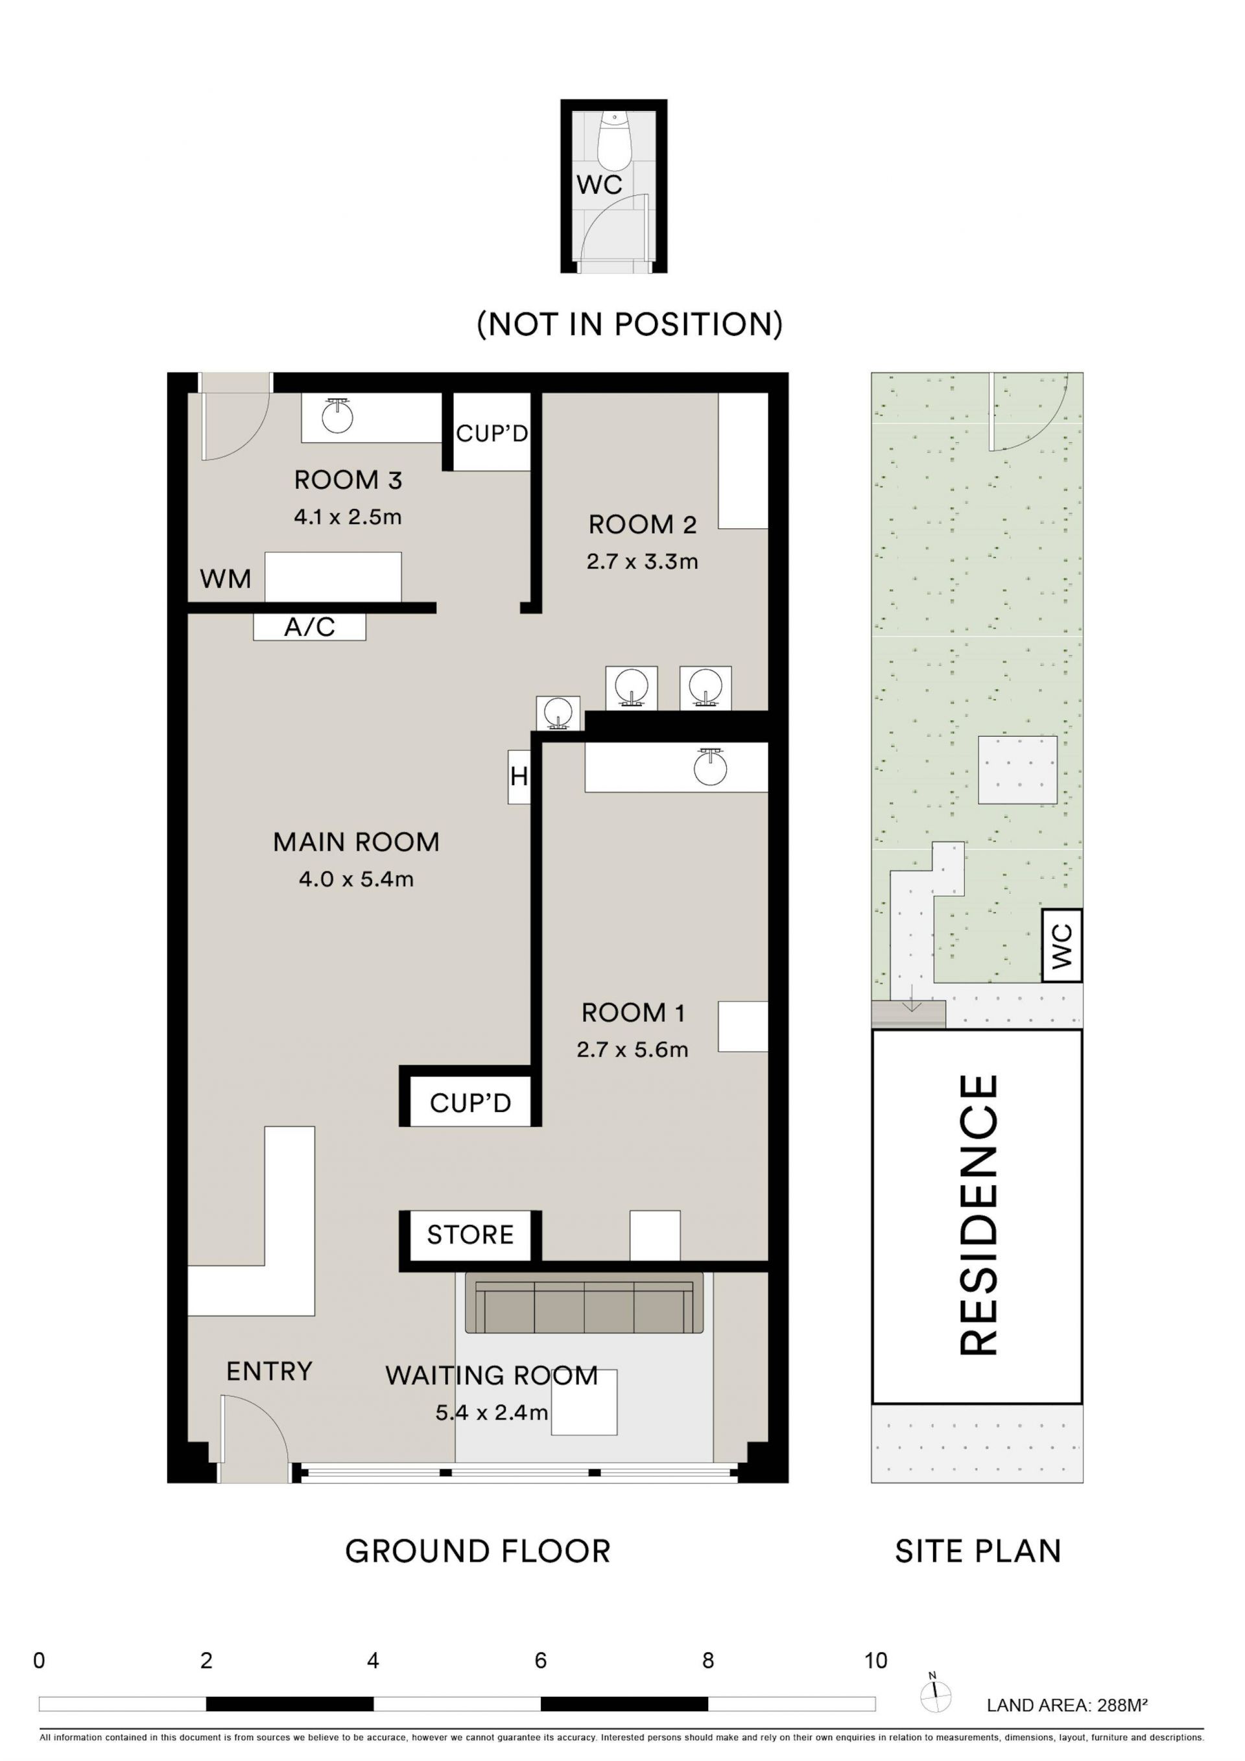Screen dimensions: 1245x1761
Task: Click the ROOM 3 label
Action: (x=348, y=480)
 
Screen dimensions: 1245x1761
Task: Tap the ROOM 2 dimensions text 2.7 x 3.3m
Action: (x=642, y=561)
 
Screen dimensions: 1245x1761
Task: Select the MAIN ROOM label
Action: (x=356, y=842)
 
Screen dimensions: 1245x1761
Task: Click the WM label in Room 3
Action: (x=226, y=578)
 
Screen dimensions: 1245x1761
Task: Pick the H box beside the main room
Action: (x=519, y=777)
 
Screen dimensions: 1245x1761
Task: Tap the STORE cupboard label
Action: (x=470, y=1235)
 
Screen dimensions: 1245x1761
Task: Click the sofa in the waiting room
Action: (x=584, y=1303)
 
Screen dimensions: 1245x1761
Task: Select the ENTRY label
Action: (x=269, y=1371)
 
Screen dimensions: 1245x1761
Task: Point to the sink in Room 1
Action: (x=709, y=766)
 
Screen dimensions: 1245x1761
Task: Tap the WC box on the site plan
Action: (x=1061, y=946)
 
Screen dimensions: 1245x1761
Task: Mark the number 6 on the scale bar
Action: (x=541, y=1661)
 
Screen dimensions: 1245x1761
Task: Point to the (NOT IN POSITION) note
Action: (x=630, y=324)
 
